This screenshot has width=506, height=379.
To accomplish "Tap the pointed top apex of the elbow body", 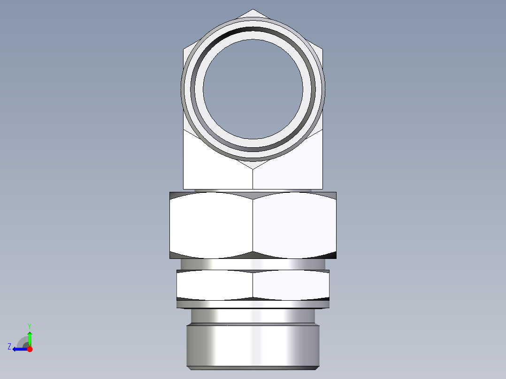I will pos(253,10).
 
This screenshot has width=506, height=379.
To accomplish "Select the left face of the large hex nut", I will pos(211,225).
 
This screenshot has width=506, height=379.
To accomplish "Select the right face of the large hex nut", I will pos(295,225).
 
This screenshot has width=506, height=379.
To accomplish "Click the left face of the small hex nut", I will pos(215,285).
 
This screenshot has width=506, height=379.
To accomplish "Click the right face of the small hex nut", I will pos(291,285).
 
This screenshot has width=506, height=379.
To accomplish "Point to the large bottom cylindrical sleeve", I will pos(253,346).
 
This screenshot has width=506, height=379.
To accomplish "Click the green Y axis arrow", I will pos(30,337).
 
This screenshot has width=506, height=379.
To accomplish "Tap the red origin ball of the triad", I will pos(30,349).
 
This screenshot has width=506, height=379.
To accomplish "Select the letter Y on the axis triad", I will pos(30,326).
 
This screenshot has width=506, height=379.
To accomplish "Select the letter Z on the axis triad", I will pos(9,347).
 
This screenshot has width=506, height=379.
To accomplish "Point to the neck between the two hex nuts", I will pos(253,265).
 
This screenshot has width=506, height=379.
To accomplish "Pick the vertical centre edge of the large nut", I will pos(253,225).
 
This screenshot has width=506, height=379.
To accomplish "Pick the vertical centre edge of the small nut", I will pos(253,285).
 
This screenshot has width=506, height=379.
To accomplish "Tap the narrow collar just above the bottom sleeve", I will pos(253,316).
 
